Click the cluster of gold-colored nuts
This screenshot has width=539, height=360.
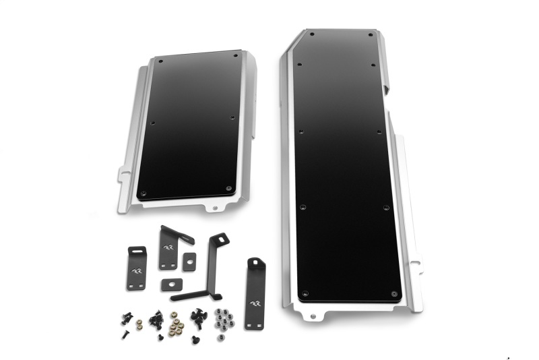click(x=177, y=325)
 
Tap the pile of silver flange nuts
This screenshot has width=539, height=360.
click(x=223, y=319)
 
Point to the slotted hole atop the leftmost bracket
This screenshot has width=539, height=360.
click(x=137, y=251)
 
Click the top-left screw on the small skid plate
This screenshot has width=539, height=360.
click(x=160, y=61)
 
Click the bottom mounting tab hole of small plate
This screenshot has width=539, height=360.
click(x=215, y=208)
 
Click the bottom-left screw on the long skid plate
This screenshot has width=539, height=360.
click(x=305, y=294)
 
